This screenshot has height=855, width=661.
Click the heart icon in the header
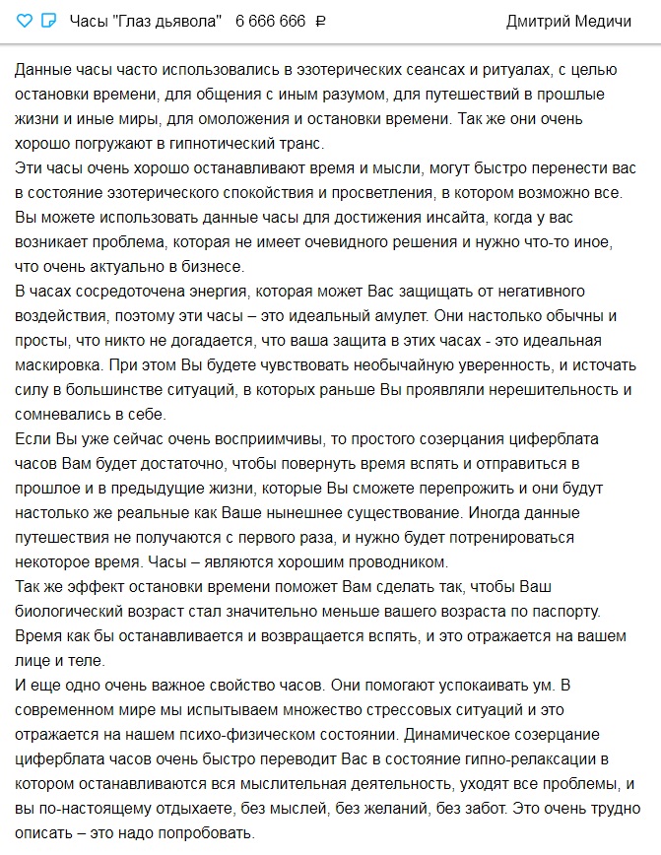(26, 22)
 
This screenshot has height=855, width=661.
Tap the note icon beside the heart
(49, 22)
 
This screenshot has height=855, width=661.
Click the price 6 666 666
(271, 22)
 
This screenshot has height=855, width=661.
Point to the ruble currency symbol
(319, 22)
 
